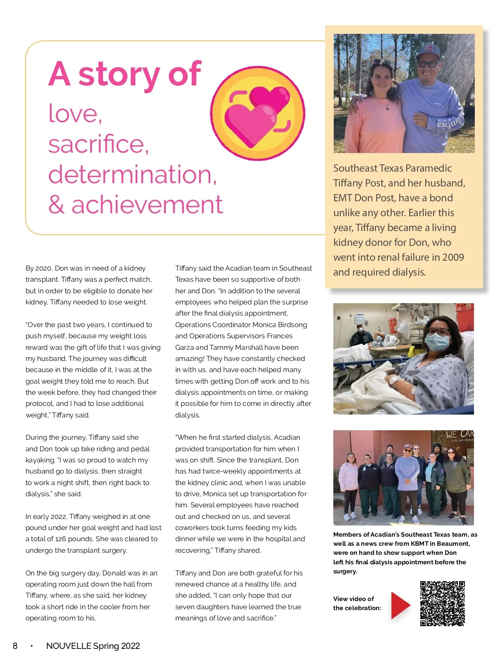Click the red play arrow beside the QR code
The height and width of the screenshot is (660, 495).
400,605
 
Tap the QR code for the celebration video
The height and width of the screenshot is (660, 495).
443,603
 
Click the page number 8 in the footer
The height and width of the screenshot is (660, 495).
15,646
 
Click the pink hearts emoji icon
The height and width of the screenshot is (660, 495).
258,113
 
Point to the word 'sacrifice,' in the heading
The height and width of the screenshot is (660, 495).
98,144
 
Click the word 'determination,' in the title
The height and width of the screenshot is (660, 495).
132,174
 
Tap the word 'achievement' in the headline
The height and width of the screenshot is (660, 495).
147,205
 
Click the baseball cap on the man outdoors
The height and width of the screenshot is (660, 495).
428,51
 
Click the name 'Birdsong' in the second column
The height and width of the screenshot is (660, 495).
292,325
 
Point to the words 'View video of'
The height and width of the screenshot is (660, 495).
354,599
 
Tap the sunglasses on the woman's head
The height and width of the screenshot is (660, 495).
383,63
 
